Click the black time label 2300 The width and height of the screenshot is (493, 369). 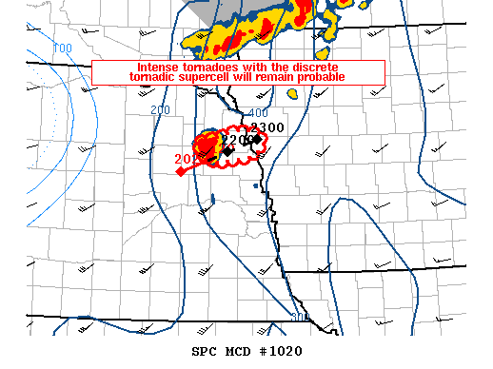(x=267, y=128)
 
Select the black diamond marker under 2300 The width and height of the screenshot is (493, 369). (x=257, y=139)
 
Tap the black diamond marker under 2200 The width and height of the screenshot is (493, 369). (x=228, y=150)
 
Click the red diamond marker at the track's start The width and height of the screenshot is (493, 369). (x=180, y=171)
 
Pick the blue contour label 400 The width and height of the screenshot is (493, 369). (x=258, y=114)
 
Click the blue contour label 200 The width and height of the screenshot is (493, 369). (x=160, y=110)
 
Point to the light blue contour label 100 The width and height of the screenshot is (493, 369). (x=63, y=49)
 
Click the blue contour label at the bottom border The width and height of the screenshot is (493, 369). (x=299, y=317)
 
